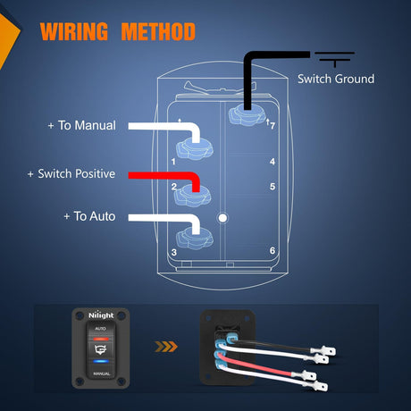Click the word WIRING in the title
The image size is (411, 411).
(x=74, y=31)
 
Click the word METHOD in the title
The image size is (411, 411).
(x=158, y=31)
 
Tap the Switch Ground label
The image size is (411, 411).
(x=336, y=80)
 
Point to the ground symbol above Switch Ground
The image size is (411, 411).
(x=334, y=59)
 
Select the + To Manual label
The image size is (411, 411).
(x=82, y=125)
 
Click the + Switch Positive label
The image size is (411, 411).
(x=71, y=173)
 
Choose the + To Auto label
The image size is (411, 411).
(x=89, y=216)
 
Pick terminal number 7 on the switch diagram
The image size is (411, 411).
(x=273, y=126)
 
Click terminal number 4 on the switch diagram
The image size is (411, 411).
(x=273, y=162)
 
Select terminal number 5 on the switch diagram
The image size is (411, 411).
(x=273, y=187)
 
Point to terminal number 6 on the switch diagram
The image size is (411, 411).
(x=273, y=251)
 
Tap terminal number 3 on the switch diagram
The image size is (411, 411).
(x=174, y=253)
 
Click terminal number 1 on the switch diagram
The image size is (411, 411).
(x=173, y=162)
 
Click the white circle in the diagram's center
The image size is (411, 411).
(x=222, y=218)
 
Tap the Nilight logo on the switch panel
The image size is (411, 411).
(x=101, y=315)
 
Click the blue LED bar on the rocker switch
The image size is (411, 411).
(x=101, y=362)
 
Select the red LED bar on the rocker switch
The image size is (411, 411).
(x=101, y=339)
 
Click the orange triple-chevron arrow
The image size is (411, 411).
(x=166, y=347)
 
